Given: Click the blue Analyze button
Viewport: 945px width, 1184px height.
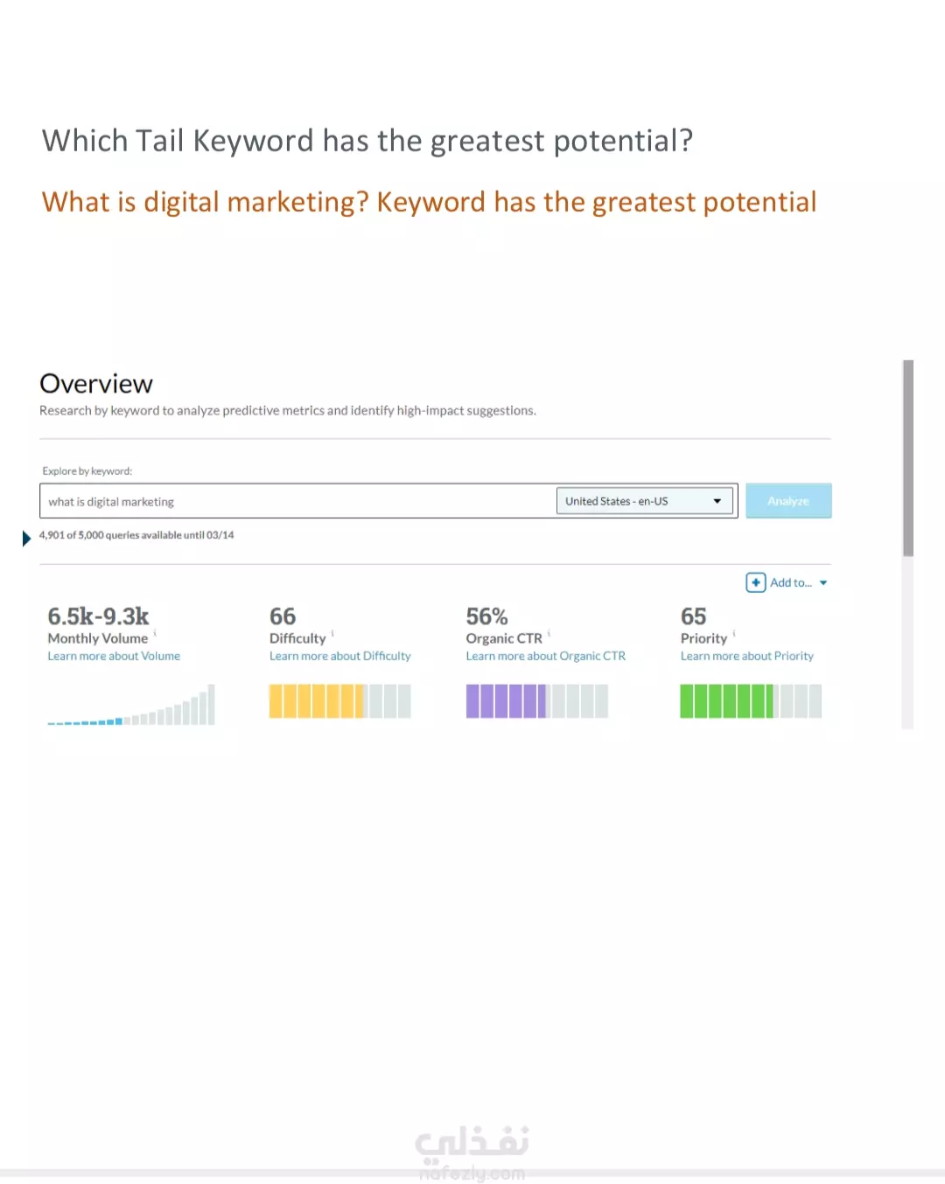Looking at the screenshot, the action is coord(788,501).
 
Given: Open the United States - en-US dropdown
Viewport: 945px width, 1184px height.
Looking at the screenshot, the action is coord(644,501).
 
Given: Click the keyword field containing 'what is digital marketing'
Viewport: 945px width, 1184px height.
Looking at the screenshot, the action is coord(297,501).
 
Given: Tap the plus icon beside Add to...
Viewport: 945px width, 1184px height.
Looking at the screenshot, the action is coord(755,582).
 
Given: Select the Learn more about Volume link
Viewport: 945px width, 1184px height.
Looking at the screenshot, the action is coord(114,656).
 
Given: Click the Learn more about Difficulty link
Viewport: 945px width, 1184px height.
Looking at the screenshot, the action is coord(339,656).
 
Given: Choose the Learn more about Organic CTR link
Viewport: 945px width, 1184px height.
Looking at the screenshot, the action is coord(545,656).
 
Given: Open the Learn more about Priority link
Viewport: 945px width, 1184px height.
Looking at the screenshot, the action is coord(746,656).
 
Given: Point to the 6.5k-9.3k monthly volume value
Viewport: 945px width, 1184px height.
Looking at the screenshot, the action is coord(98,616).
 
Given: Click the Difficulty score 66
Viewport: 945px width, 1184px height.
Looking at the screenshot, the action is coord(283,616).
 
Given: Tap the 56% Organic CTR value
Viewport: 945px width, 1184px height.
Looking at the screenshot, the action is coord(486,616).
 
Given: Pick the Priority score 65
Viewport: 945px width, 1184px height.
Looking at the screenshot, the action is coord(693,616).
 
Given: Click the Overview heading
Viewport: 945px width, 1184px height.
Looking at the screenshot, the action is coord(96,384).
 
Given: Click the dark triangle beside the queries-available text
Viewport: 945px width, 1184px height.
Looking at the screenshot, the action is coord(26,538).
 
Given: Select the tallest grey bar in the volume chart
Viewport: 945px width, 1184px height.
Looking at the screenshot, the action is coord(211,704).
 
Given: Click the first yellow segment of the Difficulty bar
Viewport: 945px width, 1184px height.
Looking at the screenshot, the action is coord(276,701).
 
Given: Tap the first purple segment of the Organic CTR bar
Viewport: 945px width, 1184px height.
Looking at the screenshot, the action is coord(472,701).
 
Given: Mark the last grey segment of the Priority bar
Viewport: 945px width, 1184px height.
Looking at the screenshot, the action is coord(815,701).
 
